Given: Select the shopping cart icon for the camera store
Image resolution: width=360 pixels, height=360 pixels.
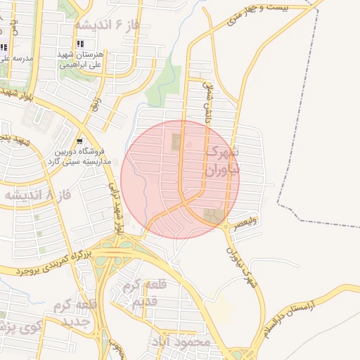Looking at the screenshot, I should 79,139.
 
